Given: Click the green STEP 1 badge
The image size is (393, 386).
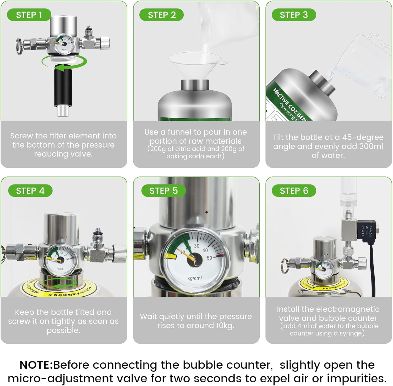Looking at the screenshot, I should (x=29, y=15).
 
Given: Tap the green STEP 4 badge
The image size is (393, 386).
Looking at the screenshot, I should (x=30, y=191).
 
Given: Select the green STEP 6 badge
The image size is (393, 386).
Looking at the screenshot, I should (x=294, y=191).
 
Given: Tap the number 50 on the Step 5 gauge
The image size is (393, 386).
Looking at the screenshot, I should (x=210, y=258).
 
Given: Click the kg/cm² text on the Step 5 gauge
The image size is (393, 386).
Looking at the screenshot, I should (x=195, y=278).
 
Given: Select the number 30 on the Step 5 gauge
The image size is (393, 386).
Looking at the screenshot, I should (x=196, y=246).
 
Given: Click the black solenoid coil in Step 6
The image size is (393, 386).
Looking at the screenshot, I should (x=367, y=230).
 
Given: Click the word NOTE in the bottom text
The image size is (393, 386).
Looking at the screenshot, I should (x=36, y=365).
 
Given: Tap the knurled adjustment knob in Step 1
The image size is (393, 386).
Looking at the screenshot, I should (x=105, y=43).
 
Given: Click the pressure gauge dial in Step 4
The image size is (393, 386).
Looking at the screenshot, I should (x=61, y=259).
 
